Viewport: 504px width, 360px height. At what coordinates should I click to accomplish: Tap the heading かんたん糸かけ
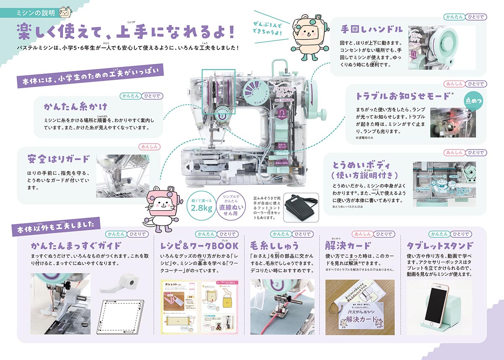tap(76, 105)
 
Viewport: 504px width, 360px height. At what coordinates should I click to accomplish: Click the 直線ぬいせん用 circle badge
tap(231, 205)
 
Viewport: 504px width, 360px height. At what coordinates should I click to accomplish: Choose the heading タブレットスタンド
tap(440, 246)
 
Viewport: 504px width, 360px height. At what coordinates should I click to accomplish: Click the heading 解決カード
tap(348, 246)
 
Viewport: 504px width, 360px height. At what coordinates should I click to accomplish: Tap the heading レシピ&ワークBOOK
tap(199, 246)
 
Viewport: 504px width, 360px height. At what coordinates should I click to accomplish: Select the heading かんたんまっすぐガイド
tap(76, 246)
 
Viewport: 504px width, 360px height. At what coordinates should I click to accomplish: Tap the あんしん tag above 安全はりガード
tap(147, 147)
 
